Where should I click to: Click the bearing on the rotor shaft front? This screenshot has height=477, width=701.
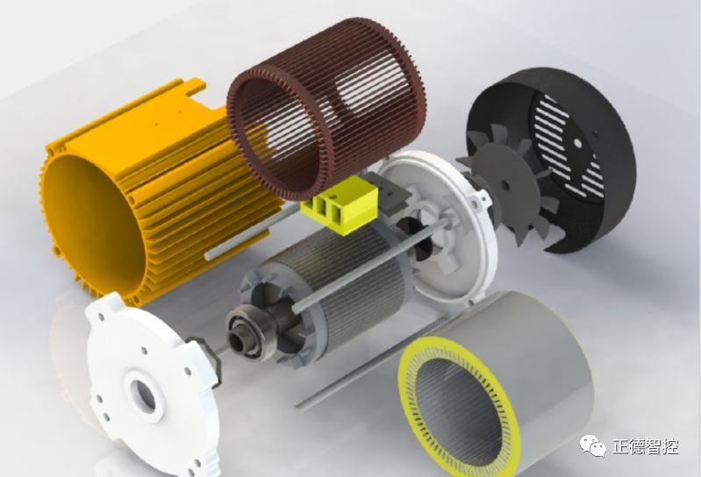pyautogui.click(x=249, y=331)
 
